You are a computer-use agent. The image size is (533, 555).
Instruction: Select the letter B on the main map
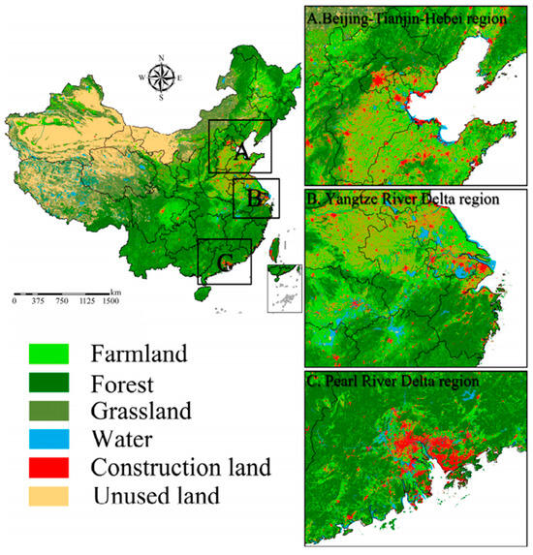coord(252,200)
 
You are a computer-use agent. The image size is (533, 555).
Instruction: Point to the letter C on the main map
coord(225,263)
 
